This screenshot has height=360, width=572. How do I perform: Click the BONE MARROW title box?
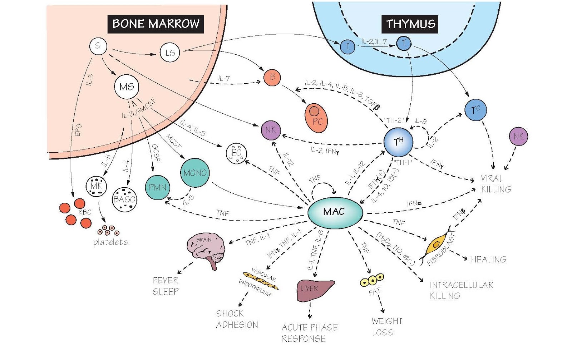156,24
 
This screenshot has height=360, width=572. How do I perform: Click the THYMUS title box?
410,24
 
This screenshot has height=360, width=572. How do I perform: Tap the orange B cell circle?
272,77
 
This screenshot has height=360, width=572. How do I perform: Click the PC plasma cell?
316,118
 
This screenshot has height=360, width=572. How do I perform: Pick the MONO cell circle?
194,173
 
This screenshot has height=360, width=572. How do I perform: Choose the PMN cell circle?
158,187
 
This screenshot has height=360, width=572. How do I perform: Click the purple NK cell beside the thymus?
518,136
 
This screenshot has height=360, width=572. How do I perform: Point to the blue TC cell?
475,110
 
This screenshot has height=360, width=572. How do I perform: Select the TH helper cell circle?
398,142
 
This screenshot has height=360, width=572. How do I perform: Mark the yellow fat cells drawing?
372,280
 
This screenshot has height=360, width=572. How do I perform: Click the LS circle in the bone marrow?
169,53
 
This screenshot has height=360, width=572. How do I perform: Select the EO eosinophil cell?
236,153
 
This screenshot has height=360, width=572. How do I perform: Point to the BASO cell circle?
124,199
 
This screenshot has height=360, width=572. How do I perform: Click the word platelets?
110,242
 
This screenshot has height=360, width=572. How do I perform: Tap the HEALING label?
488,259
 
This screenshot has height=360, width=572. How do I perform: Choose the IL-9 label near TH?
420,121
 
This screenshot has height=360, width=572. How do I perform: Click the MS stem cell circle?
127,87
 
